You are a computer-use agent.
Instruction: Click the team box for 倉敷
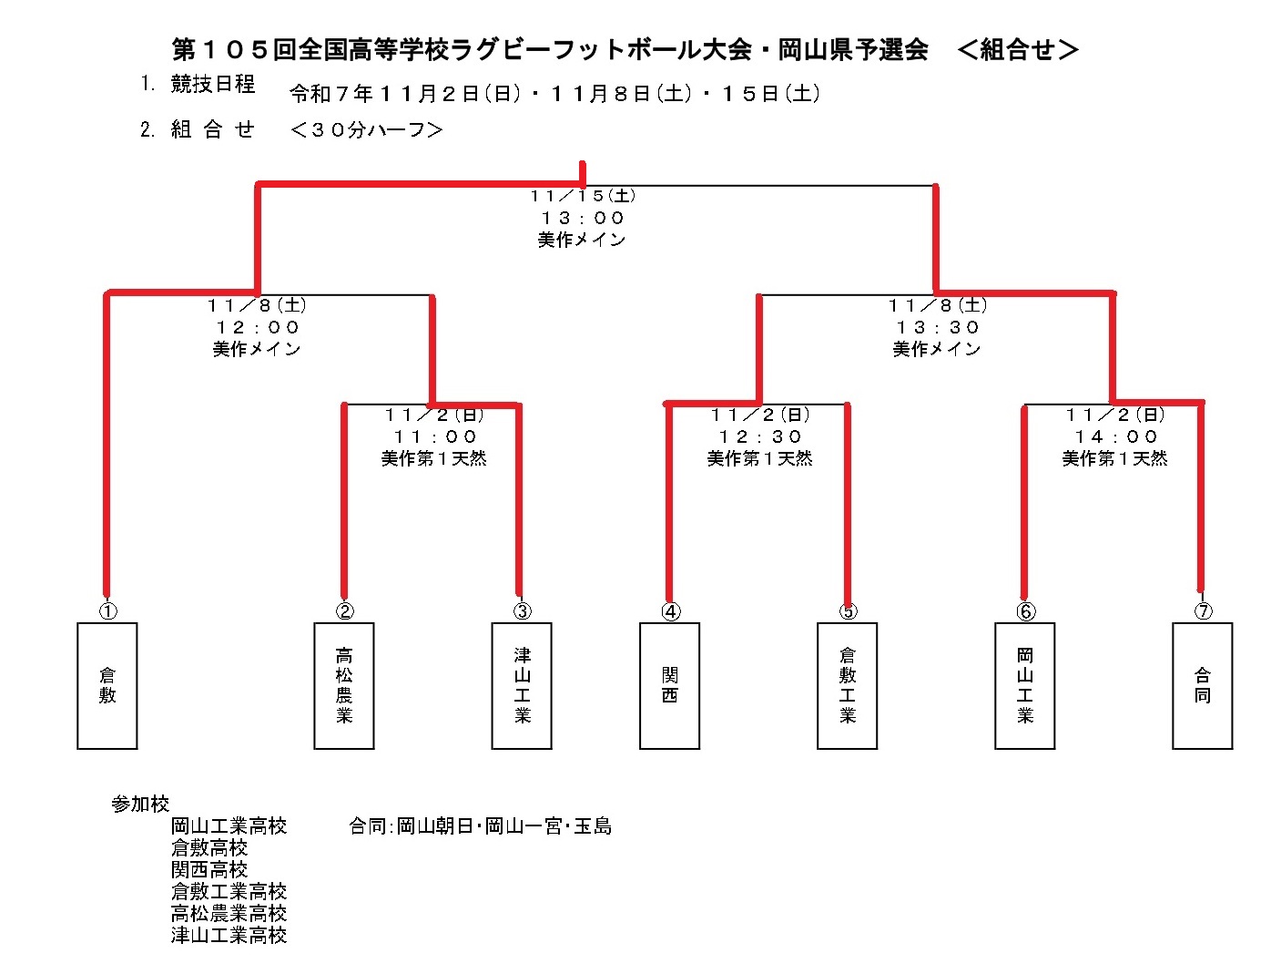107,685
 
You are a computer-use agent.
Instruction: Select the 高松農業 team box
344,685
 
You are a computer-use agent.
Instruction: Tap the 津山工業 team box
522,685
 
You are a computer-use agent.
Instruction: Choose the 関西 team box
670,685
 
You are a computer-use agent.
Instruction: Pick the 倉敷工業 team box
848,685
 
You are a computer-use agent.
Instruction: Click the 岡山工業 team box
1025,685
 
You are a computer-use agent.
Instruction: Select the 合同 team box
1203,685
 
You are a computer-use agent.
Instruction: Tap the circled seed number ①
107,611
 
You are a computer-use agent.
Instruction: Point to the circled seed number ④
671,611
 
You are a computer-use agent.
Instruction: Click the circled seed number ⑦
1204,611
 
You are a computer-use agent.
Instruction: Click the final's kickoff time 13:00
583,218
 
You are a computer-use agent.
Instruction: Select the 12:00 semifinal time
258,327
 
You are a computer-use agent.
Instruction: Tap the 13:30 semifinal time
938,327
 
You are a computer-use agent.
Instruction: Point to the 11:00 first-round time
435,436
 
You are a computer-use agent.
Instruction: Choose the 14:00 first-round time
1115,436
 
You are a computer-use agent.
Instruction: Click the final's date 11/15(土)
583,196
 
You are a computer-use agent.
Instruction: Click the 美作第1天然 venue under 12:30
759,458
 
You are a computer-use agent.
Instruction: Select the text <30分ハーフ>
366,130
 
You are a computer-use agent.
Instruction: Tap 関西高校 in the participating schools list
209,869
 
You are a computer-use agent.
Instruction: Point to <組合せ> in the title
1018,49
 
